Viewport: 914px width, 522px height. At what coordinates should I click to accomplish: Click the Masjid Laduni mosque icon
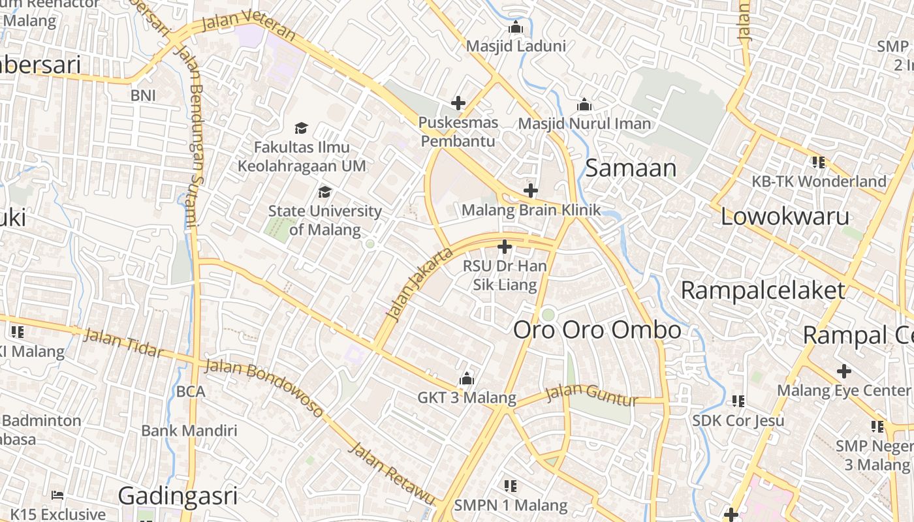516,27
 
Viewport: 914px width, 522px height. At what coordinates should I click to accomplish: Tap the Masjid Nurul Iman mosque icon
584,104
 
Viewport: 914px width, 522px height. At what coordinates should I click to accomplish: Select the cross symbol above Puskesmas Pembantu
458,102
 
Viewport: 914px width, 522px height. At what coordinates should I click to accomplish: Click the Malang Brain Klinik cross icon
531,191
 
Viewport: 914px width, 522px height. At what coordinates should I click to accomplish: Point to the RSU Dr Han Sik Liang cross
504,247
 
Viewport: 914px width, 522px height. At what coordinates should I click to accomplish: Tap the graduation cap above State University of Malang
324,192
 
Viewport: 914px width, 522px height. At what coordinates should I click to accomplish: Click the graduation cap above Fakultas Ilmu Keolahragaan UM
301,128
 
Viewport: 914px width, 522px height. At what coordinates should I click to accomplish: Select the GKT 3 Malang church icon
466,378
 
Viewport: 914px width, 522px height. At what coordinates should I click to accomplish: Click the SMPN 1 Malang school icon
511,485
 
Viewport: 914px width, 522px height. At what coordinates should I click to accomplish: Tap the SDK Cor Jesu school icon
738,401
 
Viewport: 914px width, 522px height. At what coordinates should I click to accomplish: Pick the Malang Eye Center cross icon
844,371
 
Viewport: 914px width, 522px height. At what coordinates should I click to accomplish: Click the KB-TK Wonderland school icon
818,162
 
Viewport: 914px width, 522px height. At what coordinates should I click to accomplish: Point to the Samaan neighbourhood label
631,168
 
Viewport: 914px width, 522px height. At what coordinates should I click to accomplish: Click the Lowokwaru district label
785,217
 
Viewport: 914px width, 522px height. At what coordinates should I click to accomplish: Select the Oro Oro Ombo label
597,330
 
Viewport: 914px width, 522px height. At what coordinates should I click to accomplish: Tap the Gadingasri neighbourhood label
178,496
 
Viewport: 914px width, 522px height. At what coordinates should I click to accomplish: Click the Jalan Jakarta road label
419,284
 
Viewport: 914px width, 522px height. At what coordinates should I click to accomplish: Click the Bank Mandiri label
189,431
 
